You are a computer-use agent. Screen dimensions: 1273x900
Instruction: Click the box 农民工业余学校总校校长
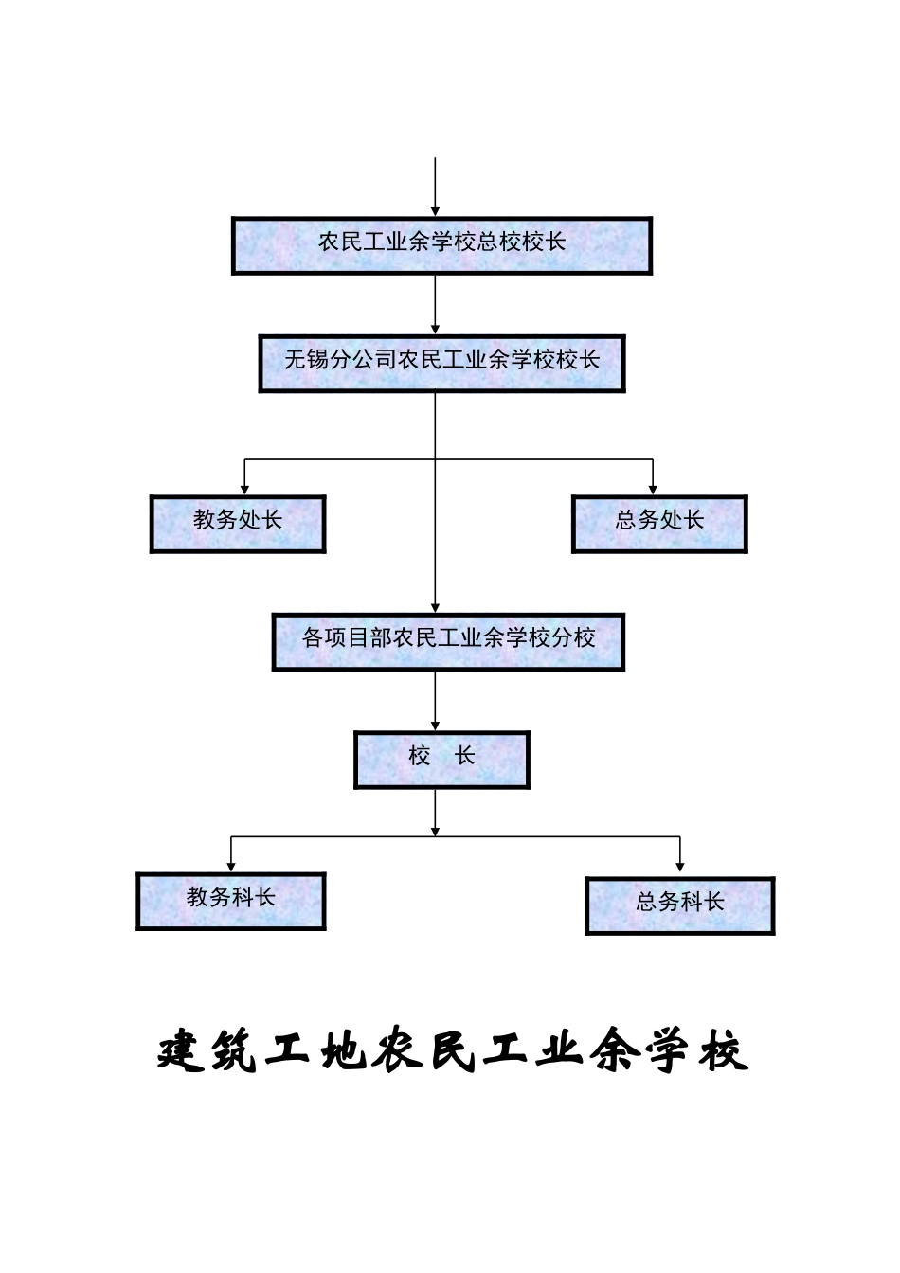coord(441,246)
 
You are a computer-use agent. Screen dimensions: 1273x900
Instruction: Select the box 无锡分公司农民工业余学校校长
coord(441,363)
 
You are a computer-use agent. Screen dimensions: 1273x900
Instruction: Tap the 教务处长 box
coord(237,524)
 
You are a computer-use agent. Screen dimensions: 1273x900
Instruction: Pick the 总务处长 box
coord(659,524)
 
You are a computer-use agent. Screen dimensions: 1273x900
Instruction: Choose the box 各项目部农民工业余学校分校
coord(448,642)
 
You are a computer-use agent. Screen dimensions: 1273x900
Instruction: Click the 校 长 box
coord(441,760)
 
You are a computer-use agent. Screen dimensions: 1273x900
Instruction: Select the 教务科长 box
coord(230,901)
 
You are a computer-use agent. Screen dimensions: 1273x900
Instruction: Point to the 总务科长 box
coord(679,905)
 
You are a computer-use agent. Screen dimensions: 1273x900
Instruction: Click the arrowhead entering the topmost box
coord(435,211)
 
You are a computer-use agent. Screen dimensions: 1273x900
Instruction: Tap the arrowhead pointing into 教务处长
coord(244,490)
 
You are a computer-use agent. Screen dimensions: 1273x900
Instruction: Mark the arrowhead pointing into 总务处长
coord(653,490)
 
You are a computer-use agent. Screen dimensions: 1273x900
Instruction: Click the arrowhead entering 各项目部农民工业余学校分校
coord(435,607)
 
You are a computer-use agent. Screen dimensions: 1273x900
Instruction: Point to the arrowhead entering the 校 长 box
coord(435,726)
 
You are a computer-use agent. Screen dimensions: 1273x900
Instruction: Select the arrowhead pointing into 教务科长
coord(230,866)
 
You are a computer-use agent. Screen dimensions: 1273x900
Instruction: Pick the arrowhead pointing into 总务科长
coord(680,870)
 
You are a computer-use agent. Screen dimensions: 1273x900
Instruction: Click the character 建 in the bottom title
coord(181,1051)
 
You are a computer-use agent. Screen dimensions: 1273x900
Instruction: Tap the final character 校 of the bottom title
coord(724,1051)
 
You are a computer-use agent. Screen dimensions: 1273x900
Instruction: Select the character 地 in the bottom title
coord(344,1051)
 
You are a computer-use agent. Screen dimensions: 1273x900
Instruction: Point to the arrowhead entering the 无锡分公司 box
coord(435,329)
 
